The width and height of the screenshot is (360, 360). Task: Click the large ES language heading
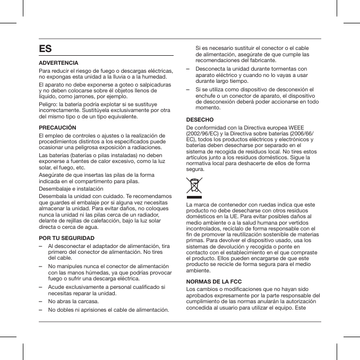46,49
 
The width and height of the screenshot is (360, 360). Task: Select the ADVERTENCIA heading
59,63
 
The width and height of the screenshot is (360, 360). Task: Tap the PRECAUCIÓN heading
58,128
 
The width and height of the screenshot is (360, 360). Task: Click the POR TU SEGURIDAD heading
67,238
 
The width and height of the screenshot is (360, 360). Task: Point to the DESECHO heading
200,119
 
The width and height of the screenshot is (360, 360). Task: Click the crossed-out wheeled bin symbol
195,186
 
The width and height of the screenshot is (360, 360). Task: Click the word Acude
56,287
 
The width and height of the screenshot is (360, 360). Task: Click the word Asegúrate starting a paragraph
53,174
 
